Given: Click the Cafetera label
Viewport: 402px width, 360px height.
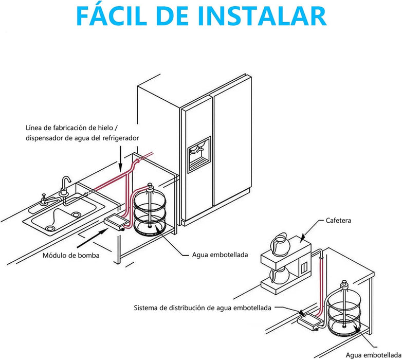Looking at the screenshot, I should pyautogui.click(x=339, y=221).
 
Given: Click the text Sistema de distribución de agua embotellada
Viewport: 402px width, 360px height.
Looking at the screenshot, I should pyautogui.click(x=203, y=309).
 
